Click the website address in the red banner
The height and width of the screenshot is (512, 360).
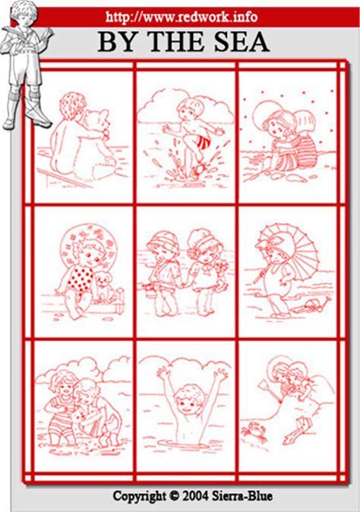182,17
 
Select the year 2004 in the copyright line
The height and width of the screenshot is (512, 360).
195,496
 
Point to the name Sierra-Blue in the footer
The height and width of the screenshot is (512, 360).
242,496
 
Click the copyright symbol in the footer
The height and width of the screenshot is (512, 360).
174,496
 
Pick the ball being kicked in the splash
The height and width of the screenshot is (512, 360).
199,169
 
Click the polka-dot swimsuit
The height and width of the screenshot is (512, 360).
78,280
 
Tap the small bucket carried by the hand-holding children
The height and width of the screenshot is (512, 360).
151,291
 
